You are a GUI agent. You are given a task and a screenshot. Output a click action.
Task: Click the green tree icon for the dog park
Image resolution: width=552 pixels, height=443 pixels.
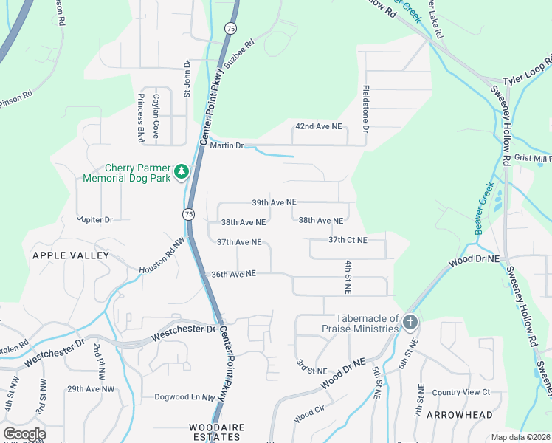coord(182,173)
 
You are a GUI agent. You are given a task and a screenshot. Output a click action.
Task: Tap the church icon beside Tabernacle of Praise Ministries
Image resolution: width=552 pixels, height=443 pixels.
coord(410,322)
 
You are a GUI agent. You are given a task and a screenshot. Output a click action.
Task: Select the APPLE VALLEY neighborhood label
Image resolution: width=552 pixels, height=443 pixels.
coord(70,255)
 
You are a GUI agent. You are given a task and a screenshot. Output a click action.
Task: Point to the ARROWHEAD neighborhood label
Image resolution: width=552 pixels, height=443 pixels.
coord(459,415)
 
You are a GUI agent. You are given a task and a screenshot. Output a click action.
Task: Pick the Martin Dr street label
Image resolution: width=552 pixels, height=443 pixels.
coord(227,145)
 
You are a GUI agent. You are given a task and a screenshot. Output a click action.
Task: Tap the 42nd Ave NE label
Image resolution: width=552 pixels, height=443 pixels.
coord(319,126)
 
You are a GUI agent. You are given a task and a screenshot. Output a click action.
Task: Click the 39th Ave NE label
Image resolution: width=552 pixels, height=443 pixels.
coord(274,202)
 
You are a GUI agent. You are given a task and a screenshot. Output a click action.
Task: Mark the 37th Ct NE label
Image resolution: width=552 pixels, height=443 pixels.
coord(348,240)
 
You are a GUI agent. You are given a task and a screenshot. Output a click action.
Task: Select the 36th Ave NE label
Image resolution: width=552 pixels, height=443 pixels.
coord(233,273)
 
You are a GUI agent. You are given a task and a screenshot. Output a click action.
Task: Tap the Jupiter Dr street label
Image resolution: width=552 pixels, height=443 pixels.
coord(94,219)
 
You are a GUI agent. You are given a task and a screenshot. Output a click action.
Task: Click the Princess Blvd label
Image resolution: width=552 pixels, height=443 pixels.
coord(139,118)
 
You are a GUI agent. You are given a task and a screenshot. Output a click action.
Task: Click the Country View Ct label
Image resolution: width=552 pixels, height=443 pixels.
coord(461,391)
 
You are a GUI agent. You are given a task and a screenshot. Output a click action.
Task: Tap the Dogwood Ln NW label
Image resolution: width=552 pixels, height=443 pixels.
coord(184,397)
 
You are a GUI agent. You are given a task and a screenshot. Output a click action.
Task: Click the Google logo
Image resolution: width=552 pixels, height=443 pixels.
coord(24,434)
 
